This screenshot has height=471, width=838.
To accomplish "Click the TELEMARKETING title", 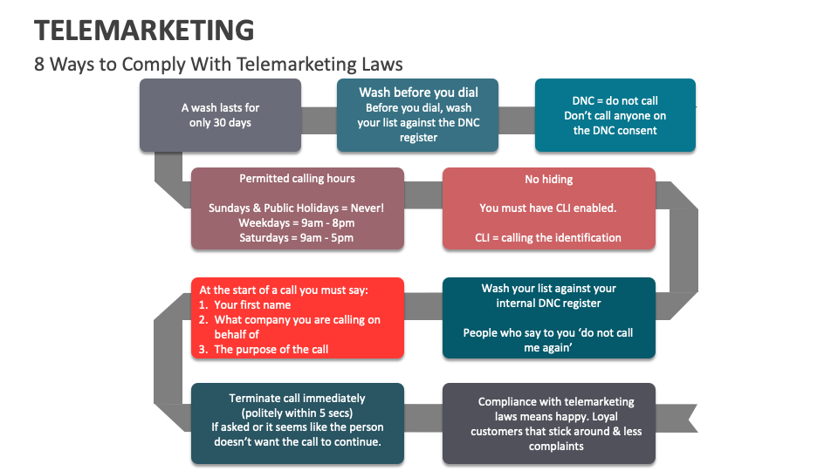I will [x=144, y=31].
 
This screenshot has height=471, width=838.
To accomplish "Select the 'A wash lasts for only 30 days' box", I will [x=220, y=115].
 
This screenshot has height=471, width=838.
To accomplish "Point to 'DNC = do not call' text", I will [x=615, y=100].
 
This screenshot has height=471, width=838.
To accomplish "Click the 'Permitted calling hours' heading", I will [x=297, y=179].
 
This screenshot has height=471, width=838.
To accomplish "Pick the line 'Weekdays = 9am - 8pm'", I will [x=297, y=223].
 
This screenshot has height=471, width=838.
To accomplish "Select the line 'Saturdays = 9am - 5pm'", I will [x=297, y=238].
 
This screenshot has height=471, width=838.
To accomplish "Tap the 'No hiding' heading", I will [x=548, y=180].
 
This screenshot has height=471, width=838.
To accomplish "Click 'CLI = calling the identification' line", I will [x=548, y=237].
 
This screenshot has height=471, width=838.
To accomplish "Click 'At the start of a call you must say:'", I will [x=284, y=290].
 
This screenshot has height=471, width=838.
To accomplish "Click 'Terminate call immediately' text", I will [x=297, y=399].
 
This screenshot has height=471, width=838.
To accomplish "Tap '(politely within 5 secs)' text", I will [x=297, y=413].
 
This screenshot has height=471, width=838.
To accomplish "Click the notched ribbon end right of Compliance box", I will [x=686, y=420].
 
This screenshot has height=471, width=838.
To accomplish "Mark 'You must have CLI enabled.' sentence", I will [x=548, y=208].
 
